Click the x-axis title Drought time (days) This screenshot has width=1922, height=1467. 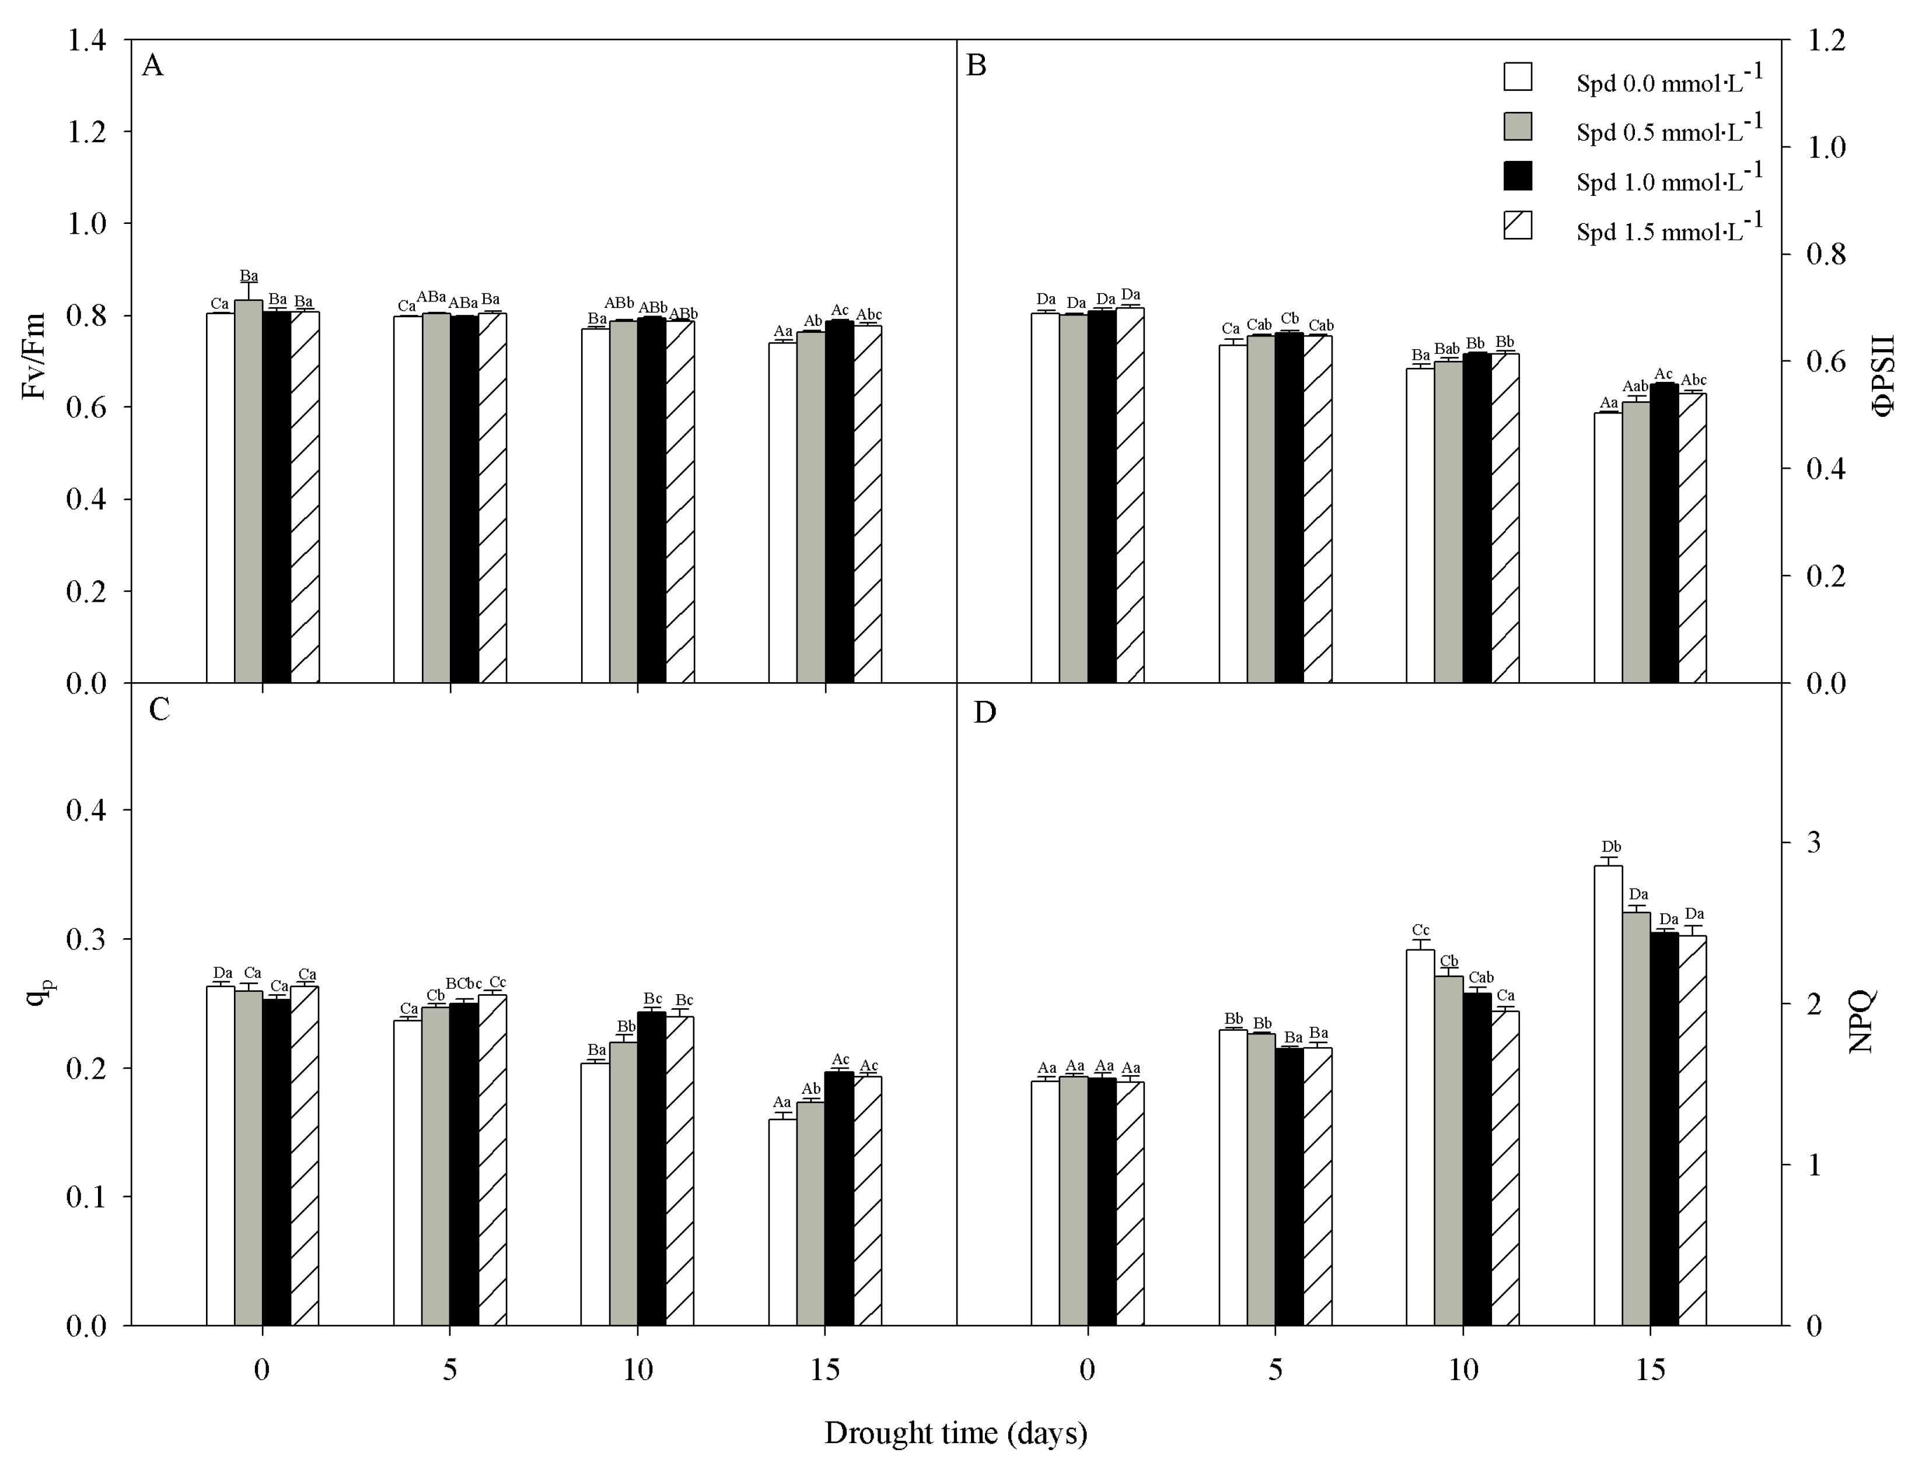pyautogui.click(x=956, y=1433)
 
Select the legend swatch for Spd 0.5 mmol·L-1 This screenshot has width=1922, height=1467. pyautogui.click(x=1518, y=126)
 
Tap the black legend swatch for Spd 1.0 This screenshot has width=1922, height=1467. pyautogui.click(x=1518, y=176)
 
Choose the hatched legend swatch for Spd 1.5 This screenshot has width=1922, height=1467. pyautogui.click(x=1518, y=225)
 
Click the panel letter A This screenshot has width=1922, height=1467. pyautogui.click(x=152, y=65)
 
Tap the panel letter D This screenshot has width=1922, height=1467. pyautogui.click(x=984, y=713)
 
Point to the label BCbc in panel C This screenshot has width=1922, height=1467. pyautogui.click(x=463, y=983)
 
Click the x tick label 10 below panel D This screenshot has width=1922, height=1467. pyautogui.click(x=1463, y=1370)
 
